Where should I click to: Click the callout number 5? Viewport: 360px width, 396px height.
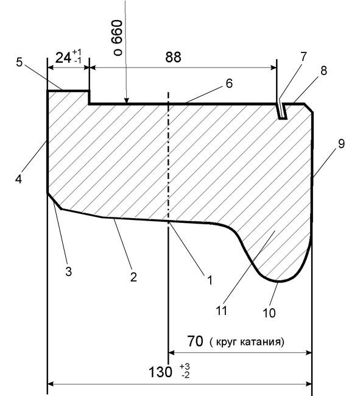[x=19, y=62]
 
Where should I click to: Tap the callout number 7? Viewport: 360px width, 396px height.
[x=303, y=57]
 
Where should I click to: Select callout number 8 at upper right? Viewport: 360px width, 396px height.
[x=323, y=71]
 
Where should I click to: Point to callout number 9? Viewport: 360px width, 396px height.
[x=341, y=144]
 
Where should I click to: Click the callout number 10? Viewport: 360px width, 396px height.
[x=269, y=313]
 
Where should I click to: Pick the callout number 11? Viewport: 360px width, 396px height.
[x=221, y=311]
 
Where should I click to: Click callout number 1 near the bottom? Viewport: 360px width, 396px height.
[x=210, y=280]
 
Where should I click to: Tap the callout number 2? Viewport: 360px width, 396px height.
[x=133, y=277]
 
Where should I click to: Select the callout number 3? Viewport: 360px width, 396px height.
[x=68, y=272]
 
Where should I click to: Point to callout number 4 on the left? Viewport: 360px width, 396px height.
[x=18, y=179]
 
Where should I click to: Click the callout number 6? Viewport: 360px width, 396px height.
[x=229, y=83]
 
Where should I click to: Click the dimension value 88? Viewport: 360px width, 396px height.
[x=173, y=57]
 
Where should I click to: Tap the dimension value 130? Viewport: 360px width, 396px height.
[x=161, y=372]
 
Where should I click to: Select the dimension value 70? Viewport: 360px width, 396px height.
[x=195, y=341]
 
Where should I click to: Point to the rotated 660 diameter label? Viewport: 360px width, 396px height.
[x=118, y=38]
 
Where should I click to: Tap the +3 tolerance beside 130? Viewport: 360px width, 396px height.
[x=185, y=366]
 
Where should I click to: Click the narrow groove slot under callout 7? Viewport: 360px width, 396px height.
[x=282, y=111]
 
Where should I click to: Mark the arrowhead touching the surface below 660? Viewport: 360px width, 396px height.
[x=127, y=100]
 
